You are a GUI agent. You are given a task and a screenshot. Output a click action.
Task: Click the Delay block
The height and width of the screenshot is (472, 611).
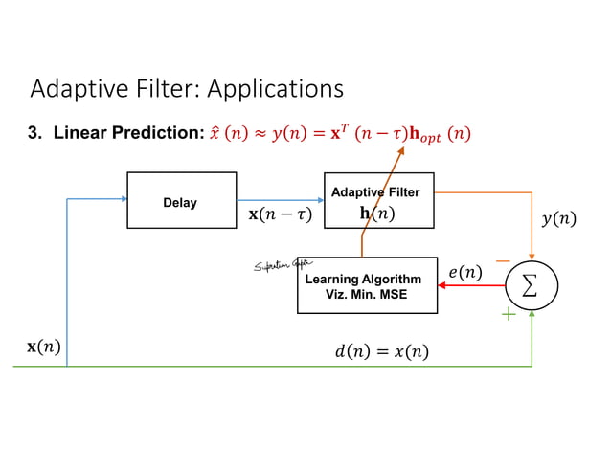181,201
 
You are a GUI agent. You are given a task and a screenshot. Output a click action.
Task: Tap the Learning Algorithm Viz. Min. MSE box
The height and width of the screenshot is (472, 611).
367,285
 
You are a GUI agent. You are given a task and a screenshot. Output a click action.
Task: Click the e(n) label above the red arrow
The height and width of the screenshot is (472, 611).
464,273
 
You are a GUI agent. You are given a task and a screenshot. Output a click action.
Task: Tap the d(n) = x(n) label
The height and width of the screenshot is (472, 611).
381,352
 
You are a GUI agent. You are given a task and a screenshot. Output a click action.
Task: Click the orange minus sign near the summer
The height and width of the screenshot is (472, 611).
502,259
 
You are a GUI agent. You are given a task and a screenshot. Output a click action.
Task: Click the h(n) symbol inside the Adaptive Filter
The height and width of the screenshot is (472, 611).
376,214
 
